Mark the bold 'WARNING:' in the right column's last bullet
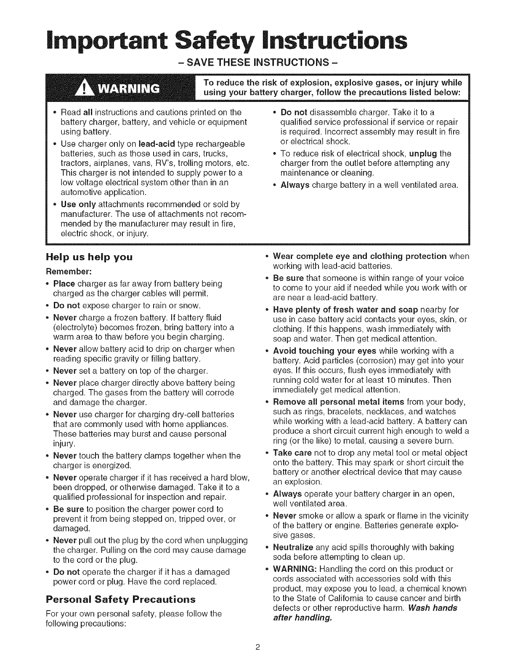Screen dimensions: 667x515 293,569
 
